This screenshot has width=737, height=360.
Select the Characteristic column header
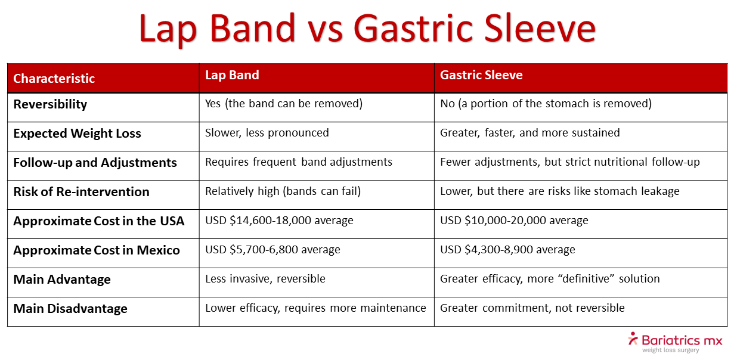pos(54,79)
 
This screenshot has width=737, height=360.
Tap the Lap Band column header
pos(232,75)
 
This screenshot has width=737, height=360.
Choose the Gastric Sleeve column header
pos(481,75)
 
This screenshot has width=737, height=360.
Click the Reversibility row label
pos(50,104)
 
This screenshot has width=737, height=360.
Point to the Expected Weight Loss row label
pos(77,134)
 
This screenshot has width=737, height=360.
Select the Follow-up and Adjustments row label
pos(95,163)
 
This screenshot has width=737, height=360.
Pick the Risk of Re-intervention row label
pos(81,192)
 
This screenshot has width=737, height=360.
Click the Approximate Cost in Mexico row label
pos(97,250)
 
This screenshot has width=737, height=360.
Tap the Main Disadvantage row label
pos(70,309)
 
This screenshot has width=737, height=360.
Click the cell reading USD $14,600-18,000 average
pos(279,221)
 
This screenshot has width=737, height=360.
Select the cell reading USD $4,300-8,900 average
pos(507,250)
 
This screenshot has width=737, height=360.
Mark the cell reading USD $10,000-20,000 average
pos(514,221)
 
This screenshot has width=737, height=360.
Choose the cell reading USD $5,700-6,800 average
pos(272,250)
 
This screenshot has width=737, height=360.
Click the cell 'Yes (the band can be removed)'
pos(284,104)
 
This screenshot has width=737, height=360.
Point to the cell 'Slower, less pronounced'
pos(267,133)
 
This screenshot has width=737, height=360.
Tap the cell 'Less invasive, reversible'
pos(265,279)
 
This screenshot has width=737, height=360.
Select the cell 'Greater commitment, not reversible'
pos(532,308)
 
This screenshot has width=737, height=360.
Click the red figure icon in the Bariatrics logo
pos(633,339)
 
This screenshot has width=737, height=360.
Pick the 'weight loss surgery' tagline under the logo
pos(670,350)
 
